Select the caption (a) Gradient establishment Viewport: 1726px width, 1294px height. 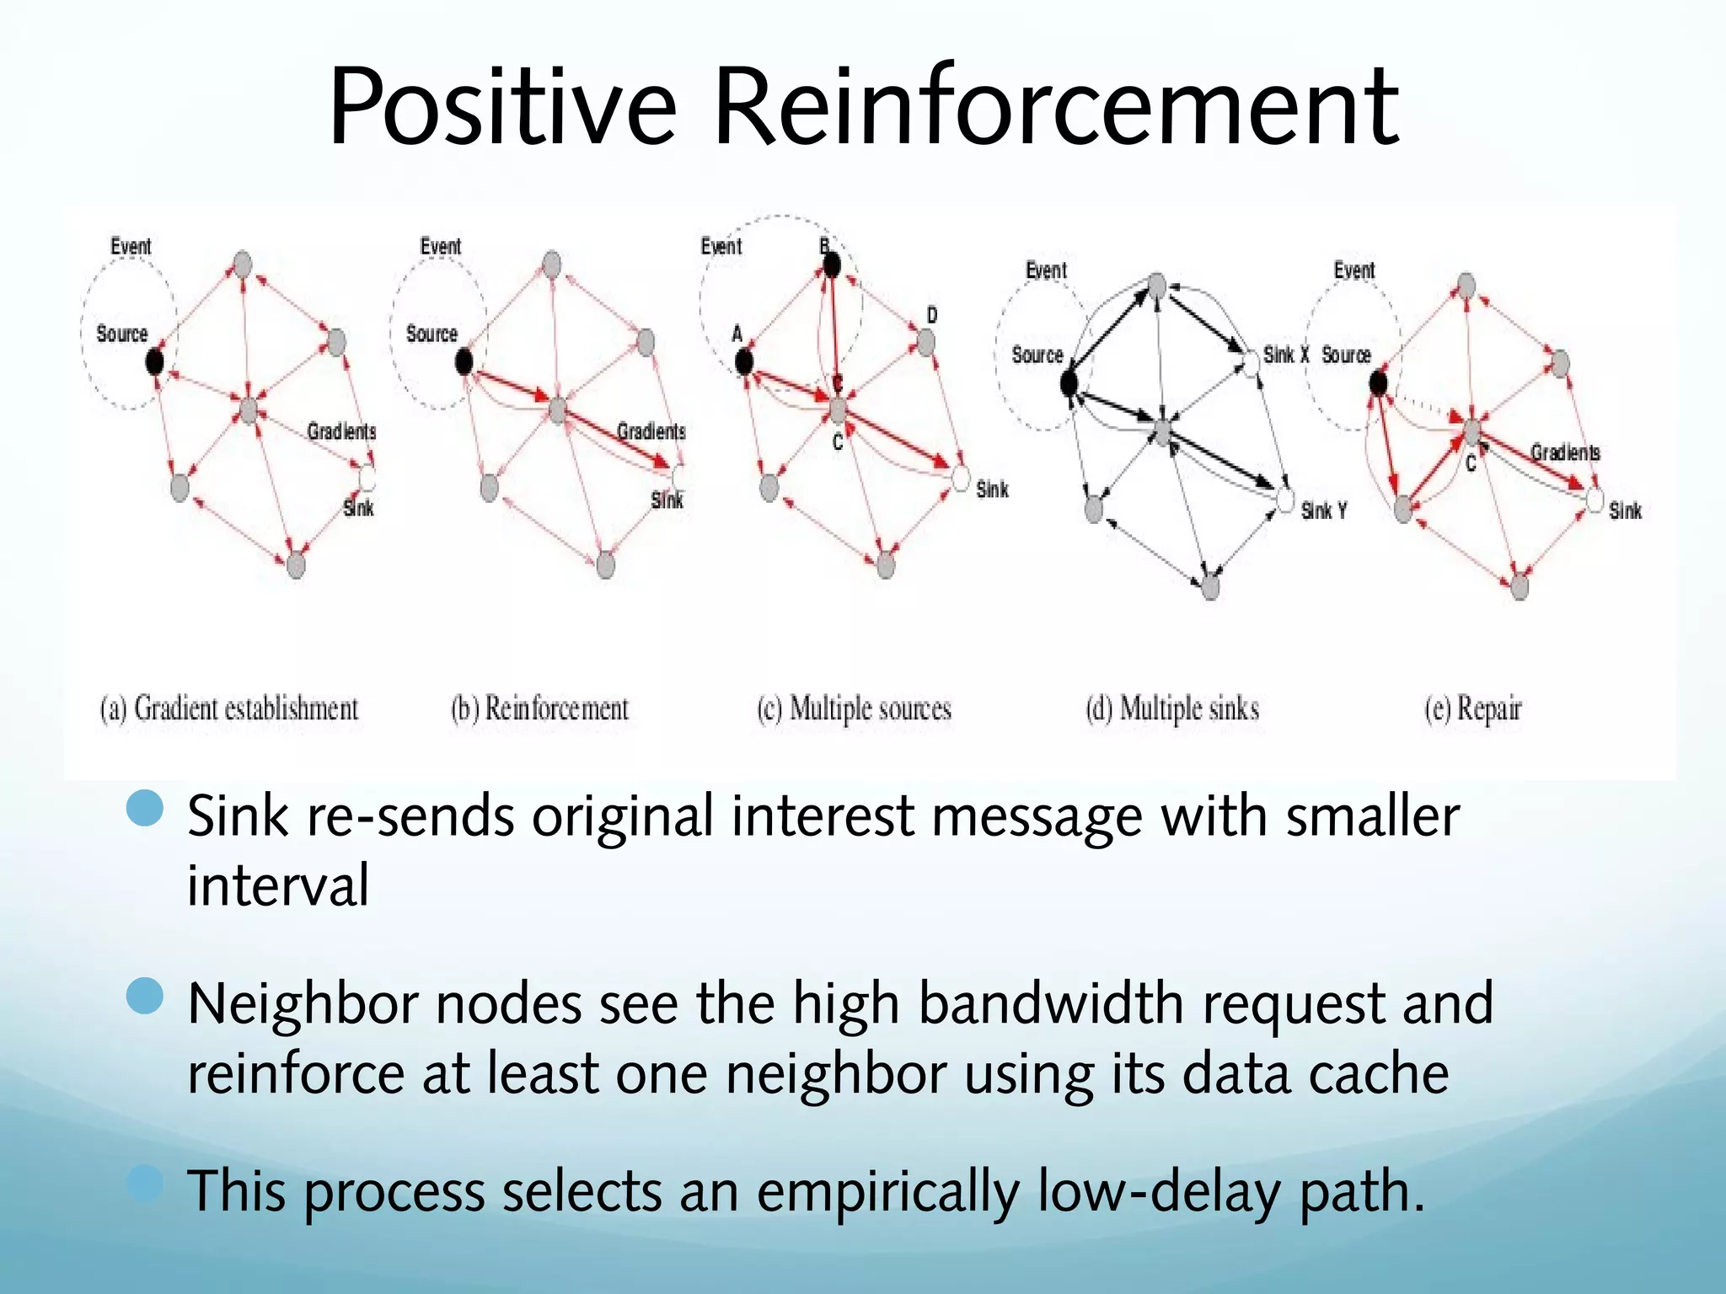[x=229, y=708]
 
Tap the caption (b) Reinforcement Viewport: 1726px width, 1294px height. [x=540, y=708]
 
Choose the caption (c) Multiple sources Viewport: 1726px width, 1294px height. [x=854, y=708]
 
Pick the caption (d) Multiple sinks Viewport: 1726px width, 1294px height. [x=1172, y=708]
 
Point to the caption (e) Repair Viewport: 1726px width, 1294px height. [x=1473, y=708]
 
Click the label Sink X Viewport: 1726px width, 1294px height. [x=1285, y=355]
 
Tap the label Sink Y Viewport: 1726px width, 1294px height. [x=1323, y=511]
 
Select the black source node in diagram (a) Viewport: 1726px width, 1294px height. [x=154, y=362]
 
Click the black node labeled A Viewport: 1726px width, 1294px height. [x=743, y=362]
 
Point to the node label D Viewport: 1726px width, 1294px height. [x=932, y=315]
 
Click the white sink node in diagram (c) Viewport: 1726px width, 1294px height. [x=961, y=478]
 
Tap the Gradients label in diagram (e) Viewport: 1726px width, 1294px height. [x=1565, y=452]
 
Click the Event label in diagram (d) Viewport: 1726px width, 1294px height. [x=1046, y=270]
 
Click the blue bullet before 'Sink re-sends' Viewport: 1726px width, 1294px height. [x=144, y=809]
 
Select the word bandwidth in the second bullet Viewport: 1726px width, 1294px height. [x=1053, y=1003]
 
